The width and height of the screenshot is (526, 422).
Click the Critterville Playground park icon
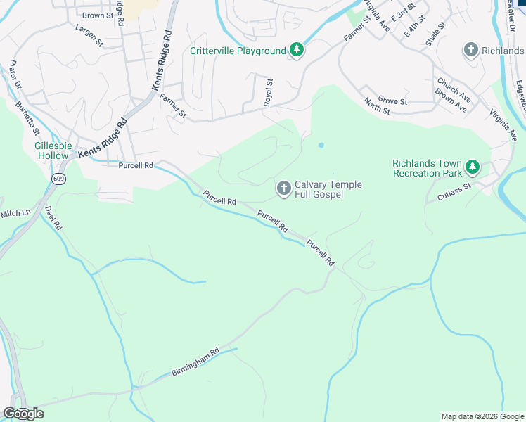[297, 50]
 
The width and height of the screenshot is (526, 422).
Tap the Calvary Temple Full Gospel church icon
[283, 188]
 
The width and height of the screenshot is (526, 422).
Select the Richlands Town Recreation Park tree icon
[474, 167]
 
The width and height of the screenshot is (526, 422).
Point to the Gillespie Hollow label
[53, 151]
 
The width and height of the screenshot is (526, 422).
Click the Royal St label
[268, 92]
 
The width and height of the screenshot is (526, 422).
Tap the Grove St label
[392, 101]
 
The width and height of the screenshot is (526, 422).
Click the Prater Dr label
[15, 76]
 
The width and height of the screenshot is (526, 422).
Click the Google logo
[23, 414]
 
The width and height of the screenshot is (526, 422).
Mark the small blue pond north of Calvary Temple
[321, 146]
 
